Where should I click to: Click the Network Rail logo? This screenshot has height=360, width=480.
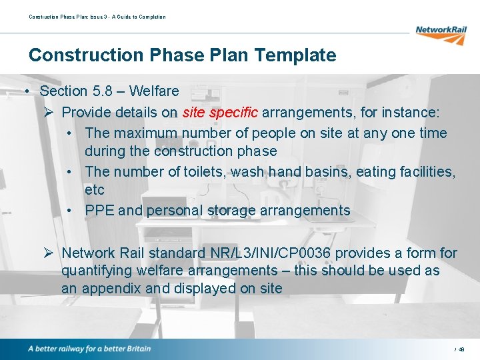441,33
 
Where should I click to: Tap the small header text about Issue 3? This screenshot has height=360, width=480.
97,17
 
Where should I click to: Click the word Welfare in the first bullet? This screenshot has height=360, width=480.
154,91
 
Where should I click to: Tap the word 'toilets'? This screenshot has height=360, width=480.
203,172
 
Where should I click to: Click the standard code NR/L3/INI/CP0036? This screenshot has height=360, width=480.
281,253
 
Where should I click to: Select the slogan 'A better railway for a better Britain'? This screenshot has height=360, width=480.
89,349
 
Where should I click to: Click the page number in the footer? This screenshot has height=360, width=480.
461,349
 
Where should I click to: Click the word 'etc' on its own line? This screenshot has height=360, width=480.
95,190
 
